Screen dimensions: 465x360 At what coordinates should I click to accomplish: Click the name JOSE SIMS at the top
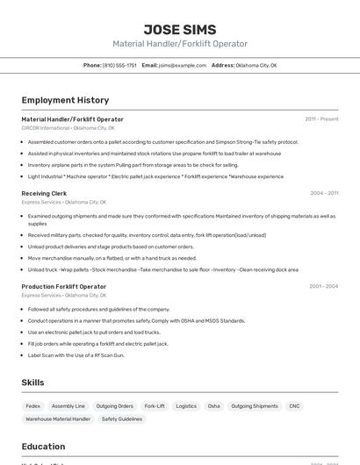pyautogui.click(x=179, y=29)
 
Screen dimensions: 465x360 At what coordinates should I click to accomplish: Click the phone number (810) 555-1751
pyautogui.click(x=119, y=66)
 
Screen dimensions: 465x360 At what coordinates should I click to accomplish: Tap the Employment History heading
pyautogui.click(x=65, y=100)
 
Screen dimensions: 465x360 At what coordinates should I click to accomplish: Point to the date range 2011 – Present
pyautogui.click(x=321, y=119)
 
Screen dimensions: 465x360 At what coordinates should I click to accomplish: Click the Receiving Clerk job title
pyautogui.click(x=44, y=193)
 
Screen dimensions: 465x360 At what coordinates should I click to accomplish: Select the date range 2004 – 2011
pyautogui.click(x=324, y=193)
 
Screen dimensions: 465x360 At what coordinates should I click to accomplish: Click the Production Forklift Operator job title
pyautogui.click(x=63, y=287)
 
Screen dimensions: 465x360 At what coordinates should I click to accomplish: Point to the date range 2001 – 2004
pyautogui.click(x=323, y=287)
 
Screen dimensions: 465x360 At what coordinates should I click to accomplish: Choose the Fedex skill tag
pyautogui.click(x=33, y=406)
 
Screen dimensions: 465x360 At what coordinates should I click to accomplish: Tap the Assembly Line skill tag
pyautogui.click(x=68, y=406)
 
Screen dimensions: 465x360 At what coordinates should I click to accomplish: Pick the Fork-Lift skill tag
pyautogui.click(x=155, y=406)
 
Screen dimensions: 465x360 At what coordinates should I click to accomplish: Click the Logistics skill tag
pyautogui.click(x=186, y=406)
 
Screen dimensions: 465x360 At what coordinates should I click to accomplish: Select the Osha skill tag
pyautogui.click(x=213, y=406)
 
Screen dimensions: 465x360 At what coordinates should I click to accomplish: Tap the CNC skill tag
pyautogui.click(x=294, y=406)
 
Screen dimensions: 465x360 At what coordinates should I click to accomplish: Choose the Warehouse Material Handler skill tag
pyautogui.click(x=58, y=419)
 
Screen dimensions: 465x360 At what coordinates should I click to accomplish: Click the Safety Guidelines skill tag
pyautogui.click(x=122, y=419)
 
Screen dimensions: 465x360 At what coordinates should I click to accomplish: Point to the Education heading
pyautogui.click(x=43, y=447)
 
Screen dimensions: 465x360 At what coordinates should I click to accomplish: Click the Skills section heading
pyautogui.click(x=33, y=383)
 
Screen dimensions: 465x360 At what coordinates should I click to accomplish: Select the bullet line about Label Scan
pyautogui.click(x=76, y=355)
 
